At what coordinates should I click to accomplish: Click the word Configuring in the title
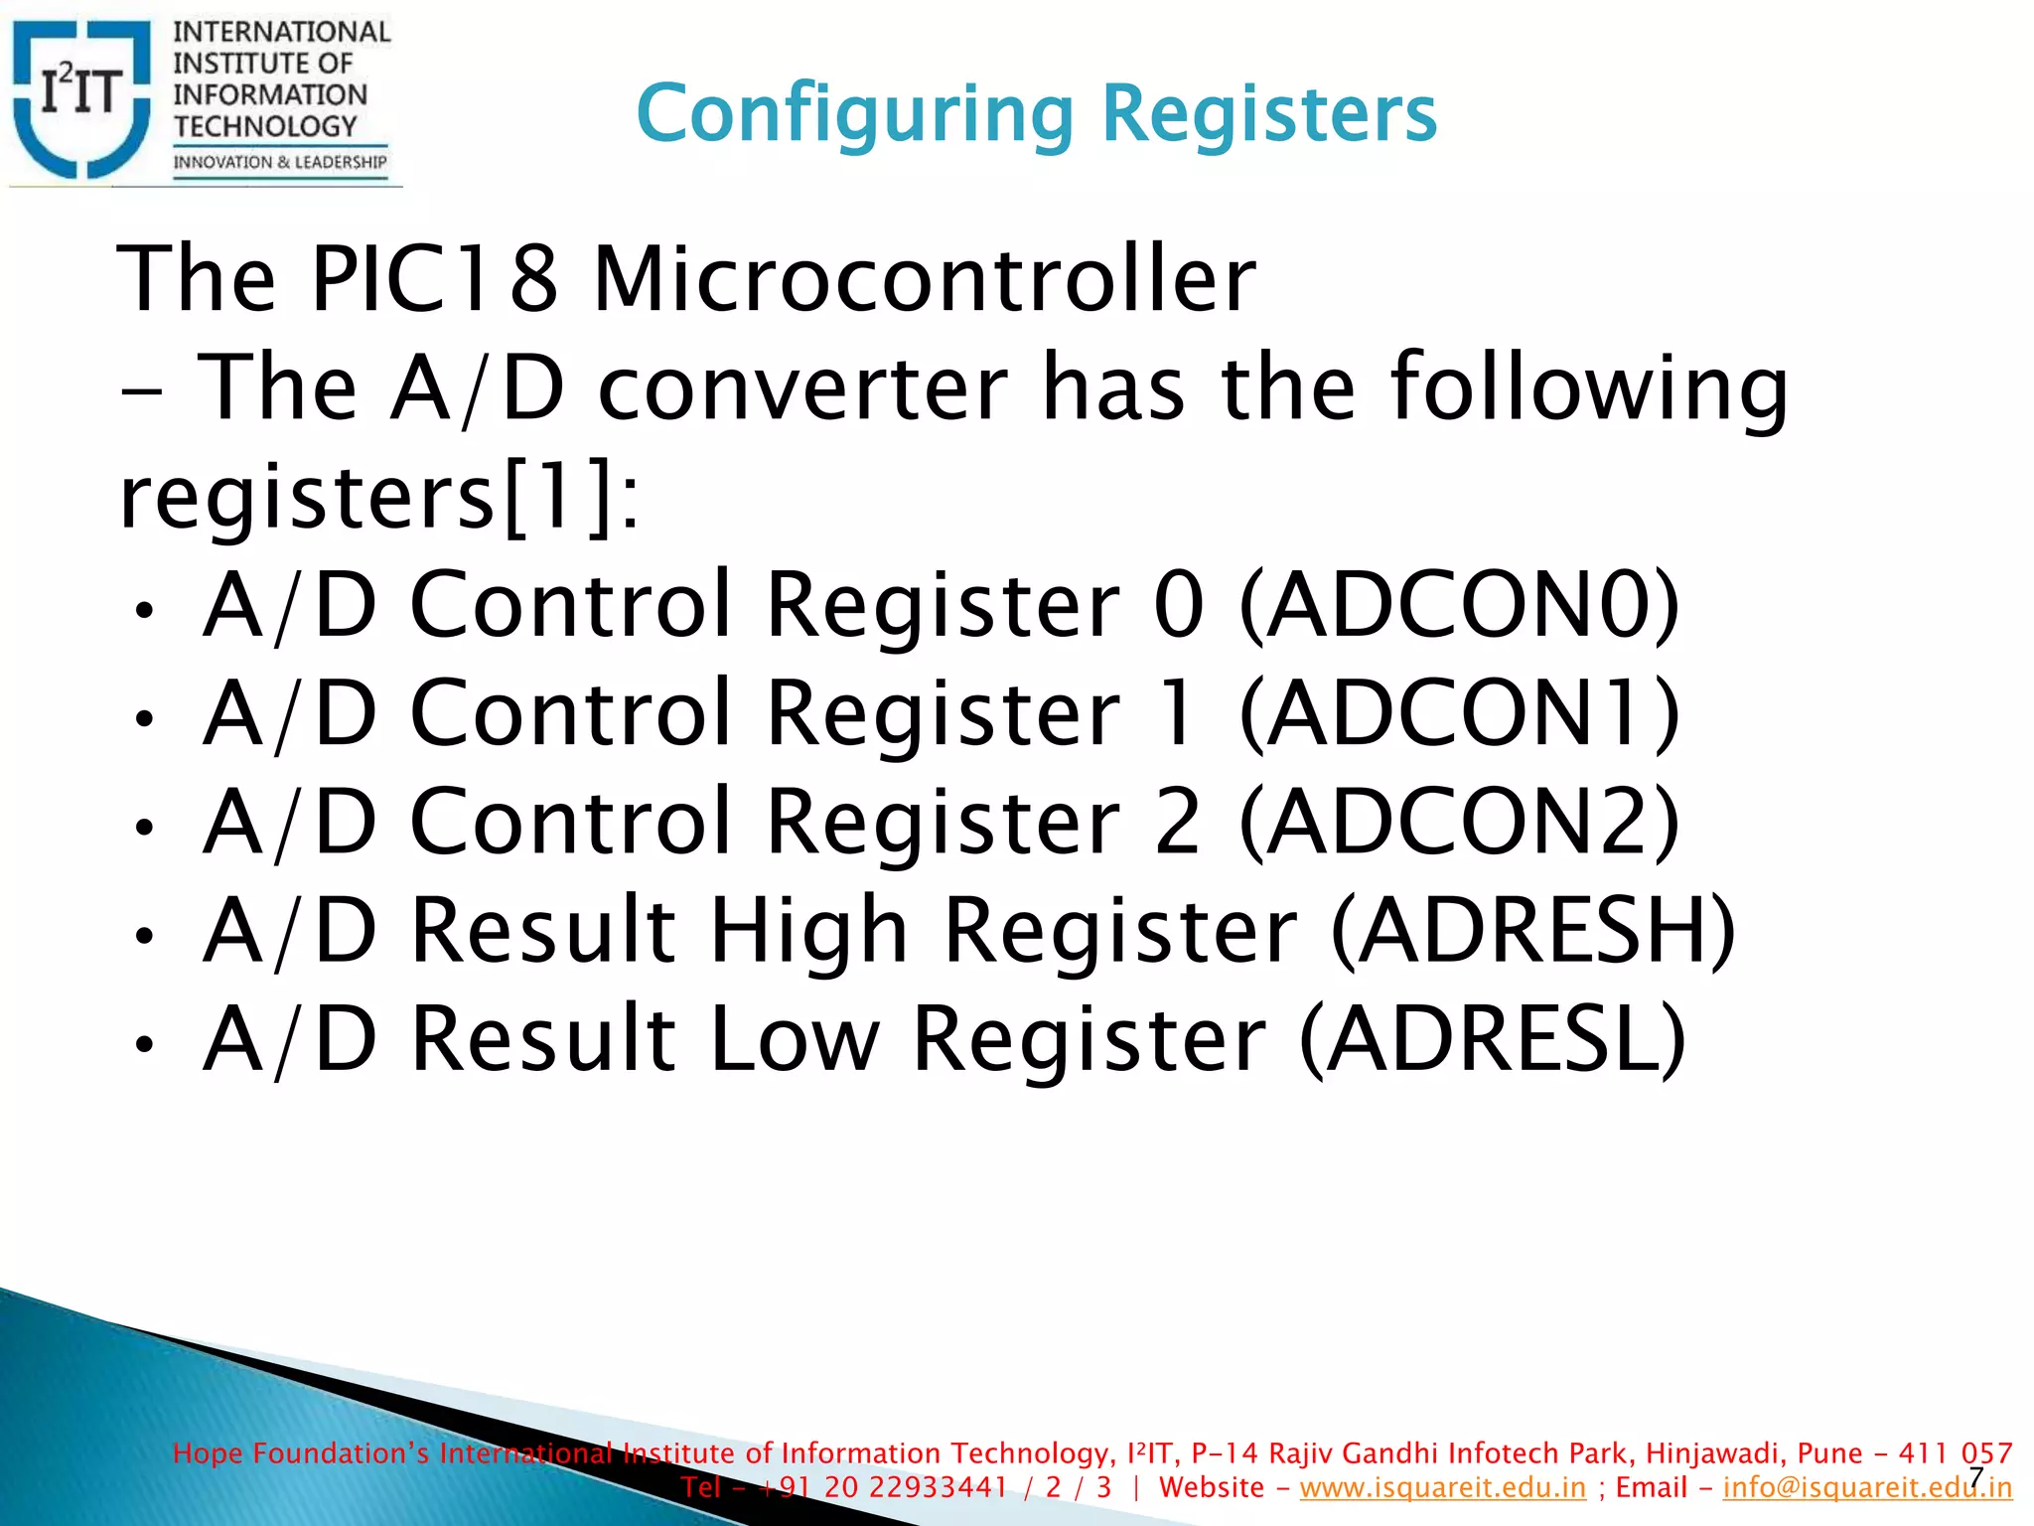854,114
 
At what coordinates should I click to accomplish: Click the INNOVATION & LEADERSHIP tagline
280,162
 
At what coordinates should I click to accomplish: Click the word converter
802,388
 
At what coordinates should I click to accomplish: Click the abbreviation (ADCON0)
1459,605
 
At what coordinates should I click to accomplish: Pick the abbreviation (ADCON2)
1459,822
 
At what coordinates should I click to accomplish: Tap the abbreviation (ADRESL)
1492,1039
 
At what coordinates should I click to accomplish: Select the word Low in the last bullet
795,1039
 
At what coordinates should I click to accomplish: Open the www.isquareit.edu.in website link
1442,1487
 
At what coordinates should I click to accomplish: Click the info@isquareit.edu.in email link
1867,1487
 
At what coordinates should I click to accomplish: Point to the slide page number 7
1975,1477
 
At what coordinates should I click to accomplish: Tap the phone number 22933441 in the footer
944,1487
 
